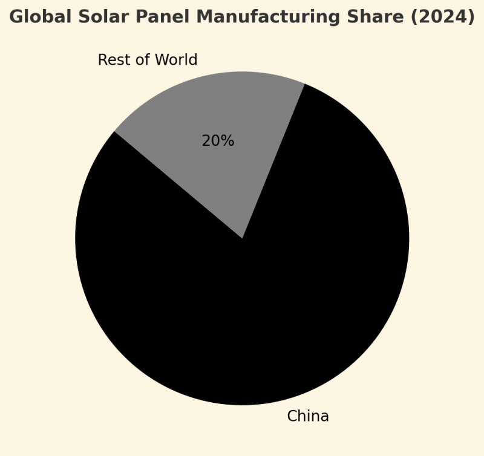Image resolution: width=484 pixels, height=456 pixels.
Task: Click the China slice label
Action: click(x=307, y=417)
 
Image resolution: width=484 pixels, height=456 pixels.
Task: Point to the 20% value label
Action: click(x=218, y=141)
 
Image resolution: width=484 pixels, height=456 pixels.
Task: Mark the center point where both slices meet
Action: click(x=242, y=238)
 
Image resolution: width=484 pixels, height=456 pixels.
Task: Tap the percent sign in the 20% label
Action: click(x=228, y=141)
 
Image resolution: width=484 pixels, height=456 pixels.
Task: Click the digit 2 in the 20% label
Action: click(x=206, y=141)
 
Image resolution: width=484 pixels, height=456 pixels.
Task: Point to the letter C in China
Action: click(x=292, y=417)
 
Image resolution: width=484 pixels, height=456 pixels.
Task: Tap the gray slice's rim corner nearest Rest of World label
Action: click(x=114, y=131)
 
